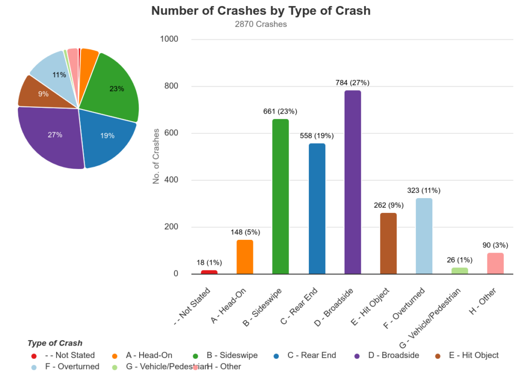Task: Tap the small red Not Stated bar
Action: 209,272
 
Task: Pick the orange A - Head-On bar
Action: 245,257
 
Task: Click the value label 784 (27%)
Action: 352,82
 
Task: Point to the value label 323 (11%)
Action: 424,190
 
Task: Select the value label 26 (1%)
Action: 459,260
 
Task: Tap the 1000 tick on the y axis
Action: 169,39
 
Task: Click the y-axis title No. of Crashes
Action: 156,156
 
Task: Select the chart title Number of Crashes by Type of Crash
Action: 261,11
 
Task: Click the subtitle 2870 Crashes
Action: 261,24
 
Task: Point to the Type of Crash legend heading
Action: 55,343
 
